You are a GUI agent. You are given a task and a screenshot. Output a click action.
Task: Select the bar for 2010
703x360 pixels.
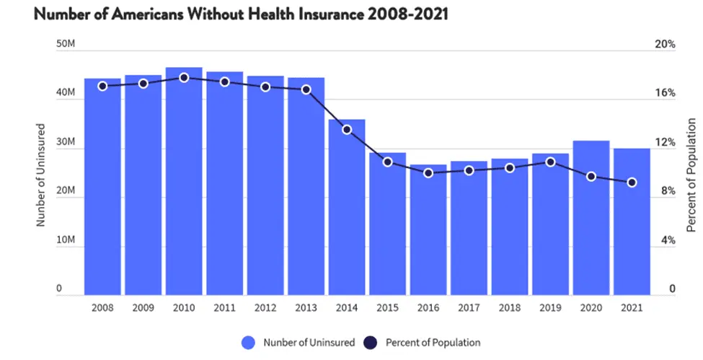(x=184, y=180)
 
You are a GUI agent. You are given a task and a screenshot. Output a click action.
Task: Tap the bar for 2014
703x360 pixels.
(x=347, y=209)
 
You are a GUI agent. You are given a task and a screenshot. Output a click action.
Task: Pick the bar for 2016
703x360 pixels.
(x=428, y=231)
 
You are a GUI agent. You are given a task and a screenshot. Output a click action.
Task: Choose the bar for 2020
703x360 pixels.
(x=591, y=216)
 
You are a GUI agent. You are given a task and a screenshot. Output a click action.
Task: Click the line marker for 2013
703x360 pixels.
(x=306, y=89)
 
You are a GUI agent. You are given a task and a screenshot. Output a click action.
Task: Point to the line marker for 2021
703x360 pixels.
(x=632, y=183)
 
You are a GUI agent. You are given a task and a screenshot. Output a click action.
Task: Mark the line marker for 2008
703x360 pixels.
(x=102, y=86)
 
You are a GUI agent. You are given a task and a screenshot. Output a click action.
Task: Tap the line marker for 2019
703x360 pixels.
(x=550, y=162)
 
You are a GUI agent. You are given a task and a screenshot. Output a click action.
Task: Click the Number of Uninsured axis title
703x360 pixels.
(x=41, y=173)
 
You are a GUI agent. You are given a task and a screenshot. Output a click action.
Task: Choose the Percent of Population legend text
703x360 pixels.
(x=433, y=342)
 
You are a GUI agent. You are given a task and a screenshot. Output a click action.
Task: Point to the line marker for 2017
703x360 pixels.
(x=469, y=170)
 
